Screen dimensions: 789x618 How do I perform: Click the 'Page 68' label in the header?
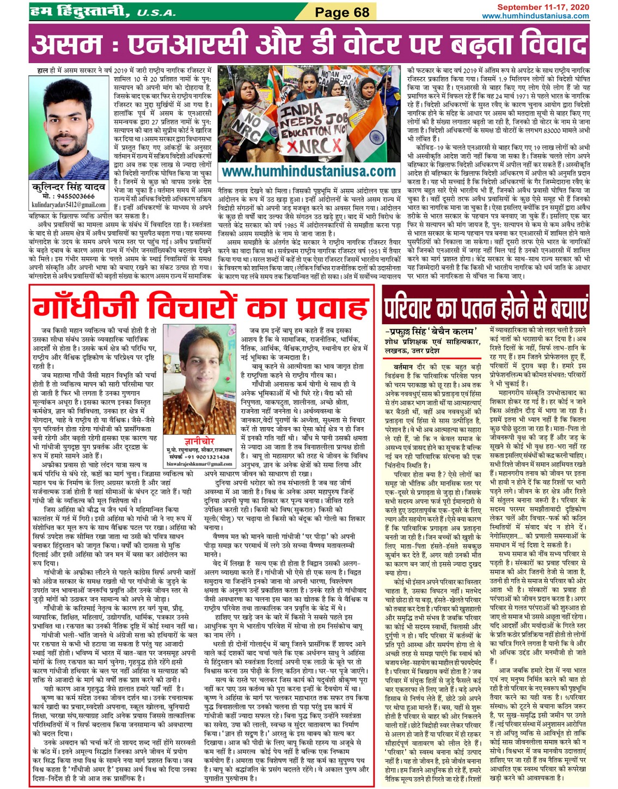pos(342,12)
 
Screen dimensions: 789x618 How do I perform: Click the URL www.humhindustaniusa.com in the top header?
pos(536,16)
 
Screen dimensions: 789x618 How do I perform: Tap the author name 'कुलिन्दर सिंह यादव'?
pos(69,187)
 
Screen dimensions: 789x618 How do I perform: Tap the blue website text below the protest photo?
pos(309,172)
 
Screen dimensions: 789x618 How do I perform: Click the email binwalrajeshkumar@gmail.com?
pos(199,464)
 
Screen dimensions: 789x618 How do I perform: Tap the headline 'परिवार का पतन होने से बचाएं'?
pos(486,307)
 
